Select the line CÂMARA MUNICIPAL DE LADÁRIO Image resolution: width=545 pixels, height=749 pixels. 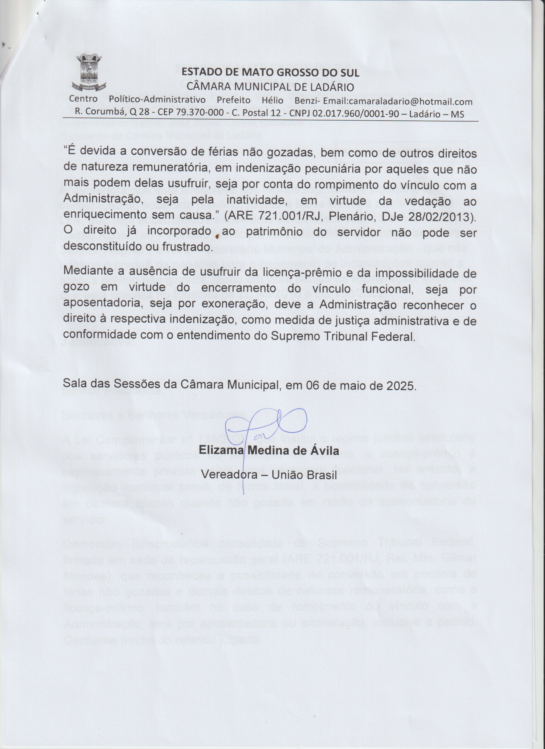270,87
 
